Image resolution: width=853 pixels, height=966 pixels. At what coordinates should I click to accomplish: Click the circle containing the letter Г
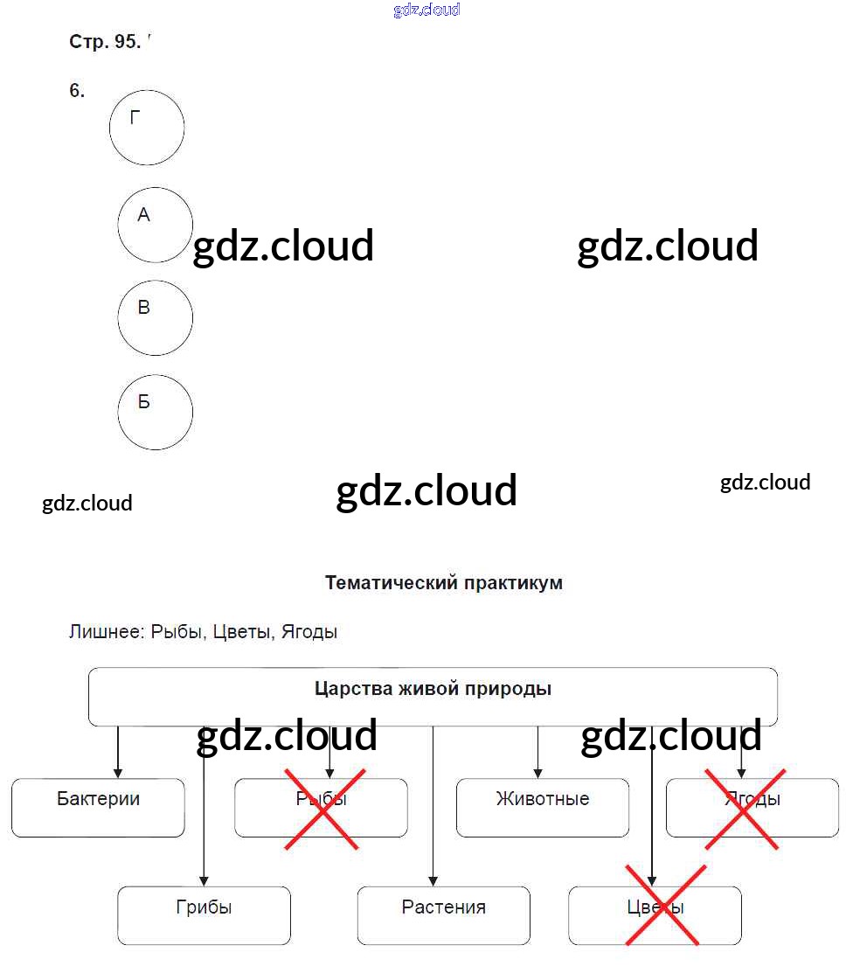pyautogui.click(x=147, y=128)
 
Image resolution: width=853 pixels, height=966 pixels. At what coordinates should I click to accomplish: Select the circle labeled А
pyautogui.click(x=155, y=225)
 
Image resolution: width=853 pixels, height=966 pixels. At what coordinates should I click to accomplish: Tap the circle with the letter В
pyautogui.click(x=155, y=317)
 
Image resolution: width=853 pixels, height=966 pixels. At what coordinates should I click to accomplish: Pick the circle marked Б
pyautogui.click(x=155, y=412)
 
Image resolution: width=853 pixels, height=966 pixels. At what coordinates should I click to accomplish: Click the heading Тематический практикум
pyautogui.click(x=443, y=583)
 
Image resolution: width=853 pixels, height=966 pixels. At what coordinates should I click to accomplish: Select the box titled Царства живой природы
pyautogui.click(x=433, y=696)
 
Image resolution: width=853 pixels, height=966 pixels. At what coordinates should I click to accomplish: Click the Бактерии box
pyautogui.click(x=98, y=807)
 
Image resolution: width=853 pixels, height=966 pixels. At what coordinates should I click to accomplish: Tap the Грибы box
pyautogui.click(x=204, y=914)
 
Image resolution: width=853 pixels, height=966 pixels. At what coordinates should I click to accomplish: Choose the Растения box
pyautogui.click(x=443, y=914)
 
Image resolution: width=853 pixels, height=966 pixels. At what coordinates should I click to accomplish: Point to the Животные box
pyautogui.click(x=542, y=807)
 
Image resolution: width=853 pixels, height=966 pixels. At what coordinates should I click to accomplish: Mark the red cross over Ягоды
pyautogui.click(x=742, y=809)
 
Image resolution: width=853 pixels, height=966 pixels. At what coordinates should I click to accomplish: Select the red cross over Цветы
pyautogui.click(x=663, y=906)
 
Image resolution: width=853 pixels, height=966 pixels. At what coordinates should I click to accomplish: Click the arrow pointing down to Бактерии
pyautogui.click(x=118, y=754)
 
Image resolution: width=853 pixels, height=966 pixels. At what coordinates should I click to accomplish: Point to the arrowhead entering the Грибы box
pyautogui.click(x=204, y=880)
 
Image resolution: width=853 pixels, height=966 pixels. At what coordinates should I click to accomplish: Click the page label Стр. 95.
pyautogui.click(x=104, y=42)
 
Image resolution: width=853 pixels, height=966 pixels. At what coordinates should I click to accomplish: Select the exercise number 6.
pyautogui.click(x=77, y=91)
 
